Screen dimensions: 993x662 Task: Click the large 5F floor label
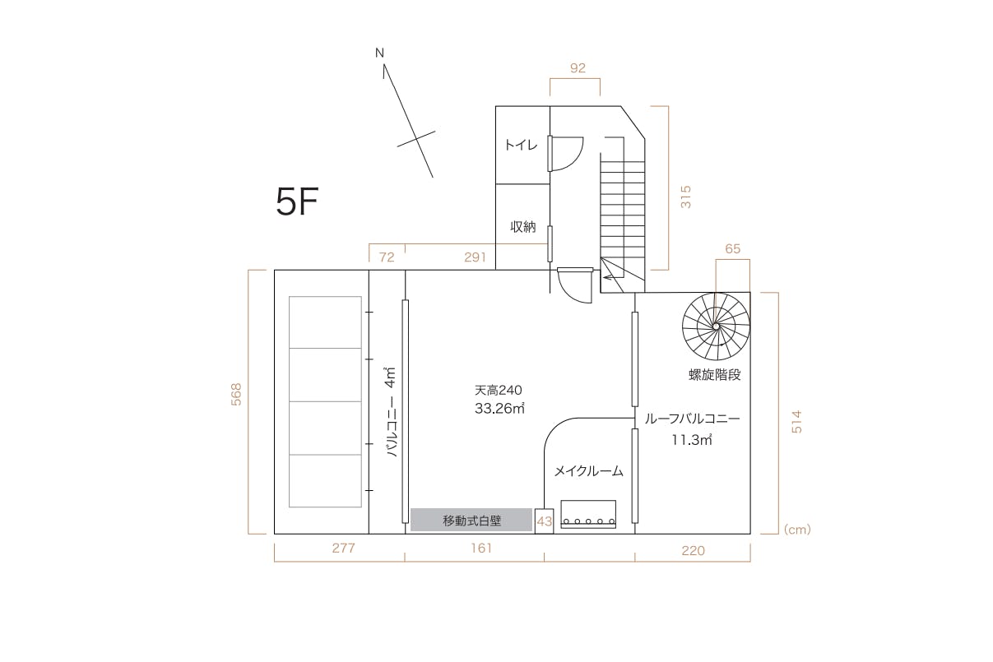pos(297,201)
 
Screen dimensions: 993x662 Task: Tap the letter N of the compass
pos(379,53)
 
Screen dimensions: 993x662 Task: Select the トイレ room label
pos(521,145)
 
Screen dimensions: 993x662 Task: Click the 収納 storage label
pos(523,227)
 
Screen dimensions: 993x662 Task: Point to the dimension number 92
pos(578,67)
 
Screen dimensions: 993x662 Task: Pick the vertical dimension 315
pos(686,197)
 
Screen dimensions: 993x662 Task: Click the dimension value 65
pos(733,249)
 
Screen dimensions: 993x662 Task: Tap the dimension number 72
pos(387,257)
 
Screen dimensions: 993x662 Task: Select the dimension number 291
pos(475,257)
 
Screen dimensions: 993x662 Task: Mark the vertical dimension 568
pos(236,395)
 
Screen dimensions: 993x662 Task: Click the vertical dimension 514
pos(796,422)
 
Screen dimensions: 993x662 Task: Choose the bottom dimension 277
pos(344,549)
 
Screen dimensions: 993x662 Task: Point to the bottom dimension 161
pos(481,549)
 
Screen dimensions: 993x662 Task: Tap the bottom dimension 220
pos(693,550)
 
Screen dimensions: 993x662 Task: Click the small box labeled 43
pos(545,521)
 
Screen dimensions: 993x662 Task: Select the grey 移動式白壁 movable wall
pos(471,520)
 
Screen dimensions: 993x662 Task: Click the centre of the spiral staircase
pos(716,326)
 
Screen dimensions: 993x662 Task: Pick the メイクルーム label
pos(589,471)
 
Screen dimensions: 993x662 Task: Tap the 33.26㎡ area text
pos(499,408)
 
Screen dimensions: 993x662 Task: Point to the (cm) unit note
pos(797,529)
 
